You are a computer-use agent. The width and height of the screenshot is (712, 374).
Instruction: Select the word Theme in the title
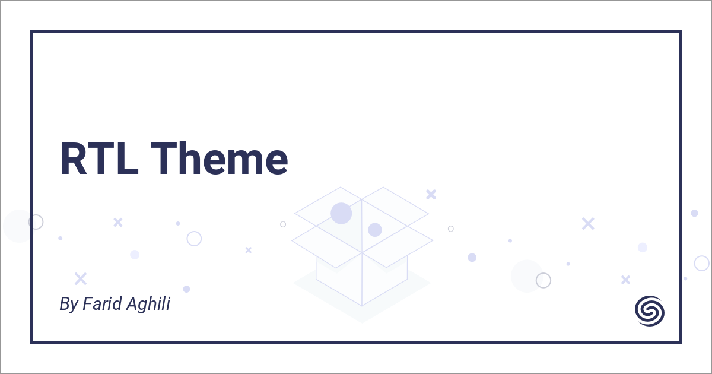click(223, 159)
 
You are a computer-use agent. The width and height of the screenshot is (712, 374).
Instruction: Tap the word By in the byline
click(68, 305)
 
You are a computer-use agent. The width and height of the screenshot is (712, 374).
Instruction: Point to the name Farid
click(99, 305)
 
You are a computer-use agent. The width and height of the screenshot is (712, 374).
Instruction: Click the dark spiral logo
click(650, 310)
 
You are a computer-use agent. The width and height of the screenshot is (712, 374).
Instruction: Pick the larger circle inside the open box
click(341, 213)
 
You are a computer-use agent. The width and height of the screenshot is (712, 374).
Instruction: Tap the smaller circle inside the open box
click(374, 230)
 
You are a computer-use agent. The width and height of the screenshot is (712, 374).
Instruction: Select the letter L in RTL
click(127, 159)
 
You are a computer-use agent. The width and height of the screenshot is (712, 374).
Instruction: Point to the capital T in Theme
click(170, 159)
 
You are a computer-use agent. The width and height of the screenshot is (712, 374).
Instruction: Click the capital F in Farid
click(87, 305)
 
